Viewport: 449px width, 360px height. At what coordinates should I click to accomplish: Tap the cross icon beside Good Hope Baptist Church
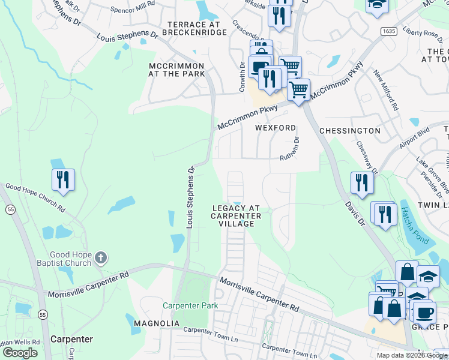(x=101, y=258)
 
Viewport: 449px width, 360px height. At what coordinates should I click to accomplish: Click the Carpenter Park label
(x=190, y=305)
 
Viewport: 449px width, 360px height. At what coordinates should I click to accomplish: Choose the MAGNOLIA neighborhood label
(x=156, y=323)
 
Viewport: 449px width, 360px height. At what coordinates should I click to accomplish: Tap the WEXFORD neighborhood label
(x=276, y=128)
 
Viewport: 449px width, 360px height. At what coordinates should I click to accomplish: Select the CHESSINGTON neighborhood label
(x=350, y=130)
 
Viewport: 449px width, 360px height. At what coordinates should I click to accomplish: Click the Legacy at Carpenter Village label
(x=237, y=215)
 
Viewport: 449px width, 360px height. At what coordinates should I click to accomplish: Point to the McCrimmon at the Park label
(x=177, y=70)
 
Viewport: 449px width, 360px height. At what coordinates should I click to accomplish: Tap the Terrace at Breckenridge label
(x=191, y=28)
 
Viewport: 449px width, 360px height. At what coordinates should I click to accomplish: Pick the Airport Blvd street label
(x=415, y=140)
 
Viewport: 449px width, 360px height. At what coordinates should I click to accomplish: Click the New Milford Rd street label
(x=386, y=91)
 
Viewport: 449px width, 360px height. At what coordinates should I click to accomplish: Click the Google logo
(x=20, y=353)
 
